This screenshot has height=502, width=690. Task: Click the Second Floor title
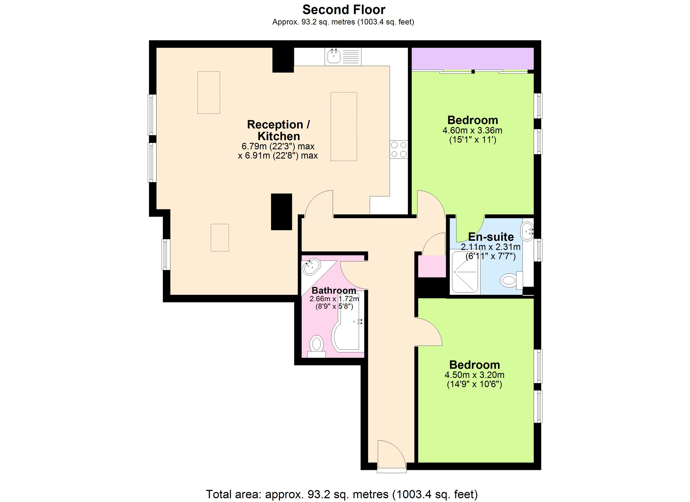(x=344, y=10)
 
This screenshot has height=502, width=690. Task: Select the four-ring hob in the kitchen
(x=399, y=150)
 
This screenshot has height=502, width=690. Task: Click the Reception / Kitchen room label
(x=278, y=130)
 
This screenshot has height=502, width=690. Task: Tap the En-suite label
(x=491, y=237)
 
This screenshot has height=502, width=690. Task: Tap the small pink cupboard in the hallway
(x=432, y=266)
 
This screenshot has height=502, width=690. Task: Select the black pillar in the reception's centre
(x=281, y=212)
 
